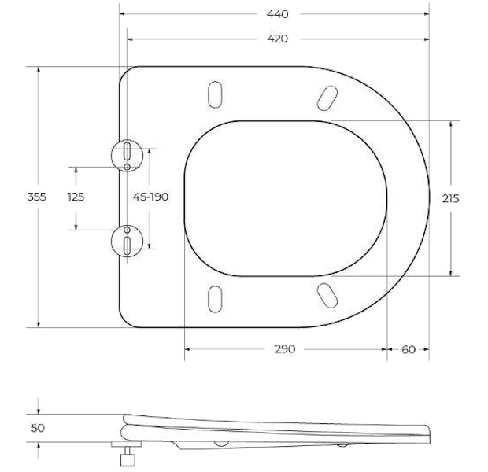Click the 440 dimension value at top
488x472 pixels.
tap(277, 14)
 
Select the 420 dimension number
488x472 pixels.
tap(277, 39)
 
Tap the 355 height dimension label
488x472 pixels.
tap(37, 197)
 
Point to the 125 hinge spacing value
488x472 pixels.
tap(76, 197)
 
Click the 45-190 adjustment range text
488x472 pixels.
tap(150, 197)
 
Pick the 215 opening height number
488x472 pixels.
tap(451, 198)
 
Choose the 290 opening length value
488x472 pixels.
tap(285, 349)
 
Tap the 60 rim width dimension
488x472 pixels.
tap(409, 350)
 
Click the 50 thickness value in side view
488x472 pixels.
tap(38, 428)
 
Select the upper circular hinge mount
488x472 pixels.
tap(127, 156)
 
